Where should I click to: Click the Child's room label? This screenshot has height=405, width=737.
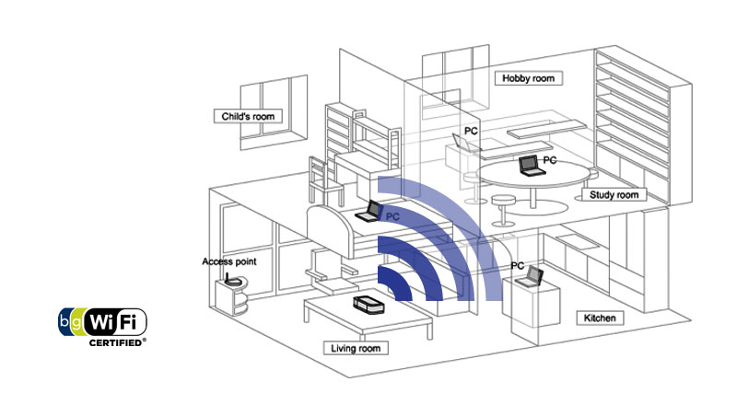click(248, 116)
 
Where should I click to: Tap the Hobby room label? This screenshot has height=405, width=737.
click(529, 78)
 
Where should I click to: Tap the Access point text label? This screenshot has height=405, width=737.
click(228, 261)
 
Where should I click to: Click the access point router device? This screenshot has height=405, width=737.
click(235, 280)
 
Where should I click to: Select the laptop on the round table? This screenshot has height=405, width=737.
click(530, 166)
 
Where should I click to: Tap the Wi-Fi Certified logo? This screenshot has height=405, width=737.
click(103, 323)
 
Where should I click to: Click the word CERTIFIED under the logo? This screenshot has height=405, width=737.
click(116, 342)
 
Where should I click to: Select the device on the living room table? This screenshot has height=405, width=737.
click(368, 306)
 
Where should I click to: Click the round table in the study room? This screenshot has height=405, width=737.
click(534, 177)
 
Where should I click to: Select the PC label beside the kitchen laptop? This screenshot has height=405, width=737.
click(518, 266)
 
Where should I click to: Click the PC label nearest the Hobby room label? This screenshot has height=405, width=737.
click(471, 133)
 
